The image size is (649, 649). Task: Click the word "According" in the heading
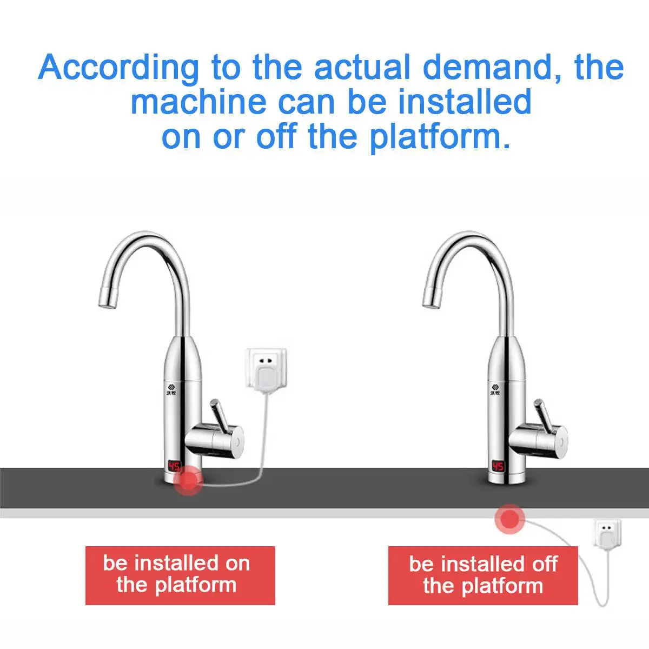tap(118, 68)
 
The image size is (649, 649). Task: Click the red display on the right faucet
tap(498, 466)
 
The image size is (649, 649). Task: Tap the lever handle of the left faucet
tap(217, 415)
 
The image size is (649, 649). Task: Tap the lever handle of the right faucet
tap(541, 415)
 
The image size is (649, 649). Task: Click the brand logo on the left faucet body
tap(172, 389)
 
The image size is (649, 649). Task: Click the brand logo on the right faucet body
tap(495, 389)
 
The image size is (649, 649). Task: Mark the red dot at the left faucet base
tap(188, 480)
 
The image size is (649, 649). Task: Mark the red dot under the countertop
tap(510, 519)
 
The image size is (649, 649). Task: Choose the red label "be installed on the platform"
tap(180, 575)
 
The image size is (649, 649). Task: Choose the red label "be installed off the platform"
tap(483, 575)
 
